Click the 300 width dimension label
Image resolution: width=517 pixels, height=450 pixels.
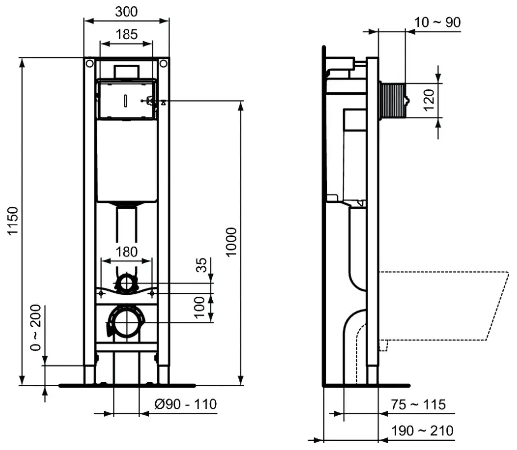(127, 12)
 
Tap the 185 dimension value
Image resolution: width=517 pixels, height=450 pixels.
(127, 34)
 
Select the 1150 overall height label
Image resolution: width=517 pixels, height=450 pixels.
(13, 221)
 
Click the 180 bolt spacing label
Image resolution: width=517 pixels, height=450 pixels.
(127, 252)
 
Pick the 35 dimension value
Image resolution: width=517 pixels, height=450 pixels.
(201, 265)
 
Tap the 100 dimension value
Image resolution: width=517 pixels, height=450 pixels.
(200, 307)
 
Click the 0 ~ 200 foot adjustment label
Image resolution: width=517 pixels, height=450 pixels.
(35, 327)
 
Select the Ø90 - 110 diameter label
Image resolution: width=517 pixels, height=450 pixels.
(186, 404)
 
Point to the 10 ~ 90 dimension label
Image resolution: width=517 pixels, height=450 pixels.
(437, 22)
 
